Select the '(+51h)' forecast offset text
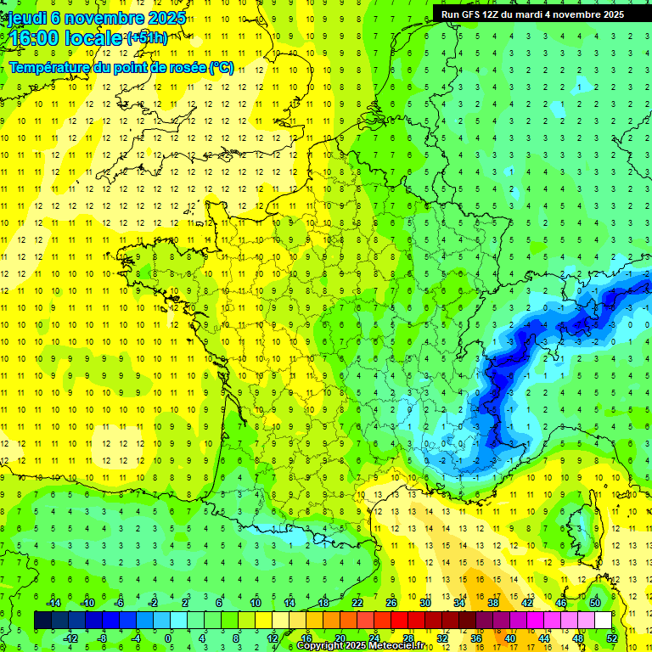click(x=147, y=37)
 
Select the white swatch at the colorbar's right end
click(x=603, y=621)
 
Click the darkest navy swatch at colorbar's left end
click(x=42, y=621)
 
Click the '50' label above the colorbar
click(x=594, y=603)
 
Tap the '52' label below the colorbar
click(x=612, y=638)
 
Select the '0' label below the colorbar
click(x=168, y=638)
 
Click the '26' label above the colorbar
click(x=391, y=603)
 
